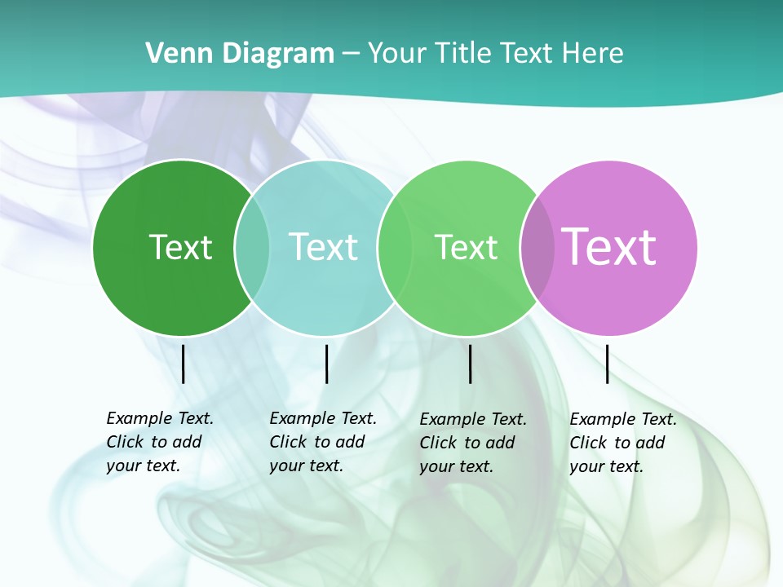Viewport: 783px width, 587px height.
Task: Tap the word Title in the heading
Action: (463, 54)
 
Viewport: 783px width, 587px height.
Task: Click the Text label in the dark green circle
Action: (180, 247)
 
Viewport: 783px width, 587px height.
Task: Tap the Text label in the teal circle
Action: (324, 247)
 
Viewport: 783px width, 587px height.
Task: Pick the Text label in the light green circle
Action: (466, 247)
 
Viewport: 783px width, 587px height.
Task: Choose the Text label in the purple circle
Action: (609, 246)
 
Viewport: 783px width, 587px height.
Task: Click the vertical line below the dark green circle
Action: (183, 364)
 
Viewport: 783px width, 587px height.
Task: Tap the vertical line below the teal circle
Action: (326, 364)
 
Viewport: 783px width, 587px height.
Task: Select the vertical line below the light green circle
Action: (470, 364)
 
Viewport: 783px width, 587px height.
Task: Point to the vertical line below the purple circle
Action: (607, 364)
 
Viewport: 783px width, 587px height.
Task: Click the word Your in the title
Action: (397, 54)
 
